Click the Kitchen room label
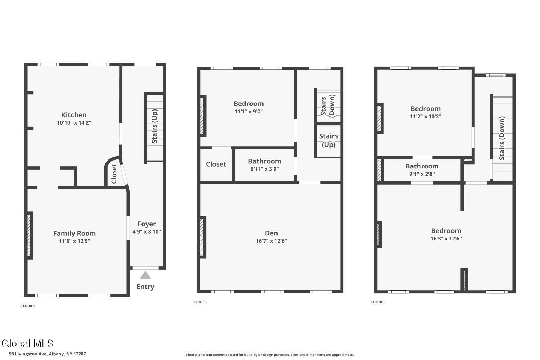[74, 115]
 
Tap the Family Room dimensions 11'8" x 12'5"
[75, 241]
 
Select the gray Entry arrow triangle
[145, 275]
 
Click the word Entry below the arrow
[145, 287]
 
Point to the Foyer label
[147, 224]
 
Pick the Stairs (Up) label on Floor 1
[154, 126]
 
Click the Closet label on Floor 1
[114, 174]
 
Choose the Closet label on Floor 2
[216, 165]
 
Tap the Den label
[271, 233]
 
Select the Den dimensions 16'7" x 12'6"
[271, 241]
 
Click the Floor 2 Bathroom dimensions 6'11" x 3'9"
[265, 169]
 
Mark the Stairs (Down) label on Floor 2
[328, 106]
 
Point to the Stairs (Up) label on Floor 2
[329, 140]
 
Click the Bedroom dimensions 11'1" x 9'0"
[248, 111]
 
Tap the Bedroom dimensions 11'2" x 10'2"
[426, 117]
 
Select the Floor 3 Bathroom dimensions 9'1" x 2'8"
[422, 174]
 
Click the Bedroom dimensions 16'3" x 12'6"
[446, 238]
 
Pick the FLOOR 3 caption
[378, 302]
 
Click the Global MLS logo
[27, 343]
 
